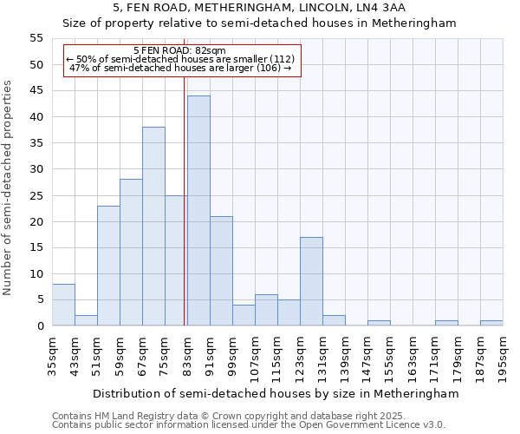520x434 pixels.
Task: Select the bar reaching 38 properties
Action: [153, 227]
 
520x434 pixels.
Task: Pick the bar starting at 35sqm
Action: [63, 305]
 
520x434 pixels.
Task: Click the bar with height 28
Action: [131, 253]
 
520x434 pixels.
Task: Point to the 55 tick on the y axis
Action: [36, 38]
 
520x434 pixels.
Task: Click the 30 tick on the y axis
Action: [36, 169]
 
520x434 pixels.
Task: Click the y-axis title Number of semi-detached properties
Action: [9, 187]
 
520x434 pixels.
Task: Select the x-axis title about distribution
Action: [275, 393]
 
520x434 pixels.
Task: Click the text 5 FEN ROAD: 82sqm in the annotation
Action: [180, 50]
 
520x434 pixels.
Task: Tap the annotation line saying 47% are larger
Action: [180, 68]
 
